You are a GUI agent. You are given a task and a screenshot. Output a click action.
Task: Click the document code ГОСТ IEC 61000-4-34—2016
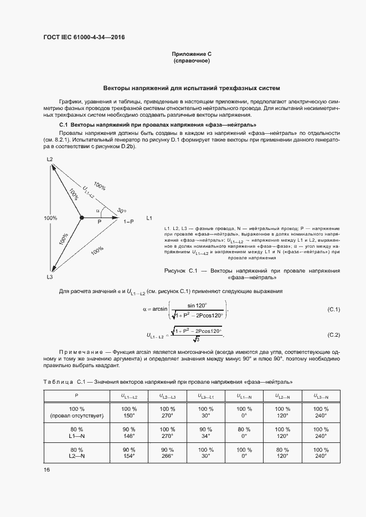pyautogui.click(x=84, y=37)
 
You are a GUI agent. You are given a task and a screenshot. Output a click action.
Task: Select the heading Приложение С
pyautogui.click(x=191, y=54)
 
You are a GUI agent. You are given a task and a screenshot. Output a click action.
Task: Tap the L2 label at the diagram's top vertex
pyautogui.click(x=49, y=159)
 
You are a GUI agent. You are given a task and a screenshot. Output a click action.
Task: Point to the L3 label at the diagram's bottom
pyautogui.click(x=49, y=276)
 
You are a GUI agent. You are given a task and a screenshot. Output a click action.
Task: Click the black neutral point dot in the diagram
pyautogui.click(x=81, y=218)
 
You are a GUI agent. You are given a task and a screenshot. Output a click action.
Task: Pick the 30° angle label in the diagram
pyautogui.click(x=121, y=210)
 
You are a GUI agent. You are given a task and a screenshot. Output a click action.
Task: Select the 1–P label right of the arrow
pyautogui.click(x=128, y=221)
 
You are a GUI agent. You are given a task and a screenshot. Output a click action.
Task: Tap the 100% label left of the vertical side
pyautogui.click(x=50, y=218)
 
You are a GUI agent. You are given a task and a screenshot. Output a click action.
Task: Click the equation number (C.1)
pyautogui.click(x=334, y=309)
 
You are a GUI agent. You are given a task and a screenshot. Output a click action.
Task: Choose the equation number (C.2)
pyautogui.click(x=334, y=335)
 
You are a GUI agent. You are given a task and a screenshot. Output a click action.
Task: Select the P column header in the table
pyautogui.click(x=76, y=396)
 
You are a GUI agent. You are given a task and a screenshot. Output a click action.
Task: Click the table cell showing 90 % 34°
pyautogui.click(x=205, y=432)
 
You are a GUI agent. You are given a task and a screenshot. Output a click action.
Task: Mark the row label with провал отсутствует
pyautogui.click(x=76, y=412)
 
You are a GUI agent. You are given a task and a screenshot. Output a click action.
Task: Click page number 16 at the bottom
pyautogui.click(x=47, y=470)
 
